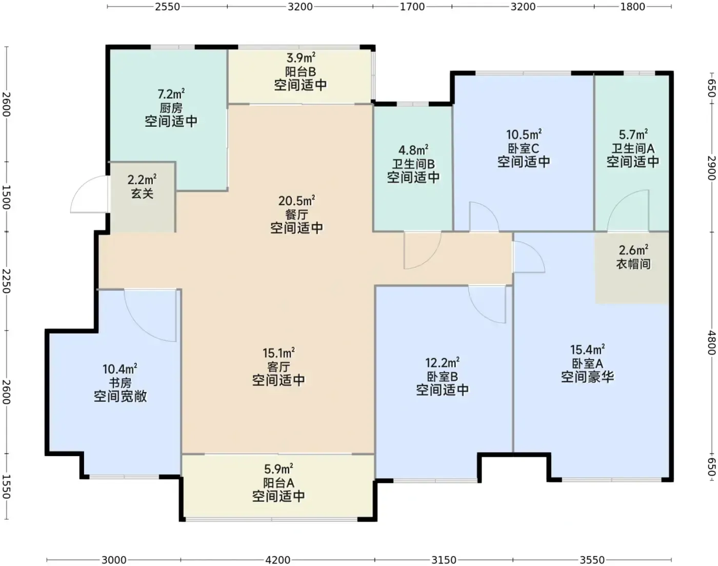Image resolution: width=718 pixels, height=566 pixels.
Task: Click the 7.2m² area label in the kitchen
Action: pyautogui.click(x=171, y=94)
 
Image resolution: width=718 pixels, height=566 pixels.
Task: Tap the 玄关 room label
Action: pyautogui.click(x=142, y=193)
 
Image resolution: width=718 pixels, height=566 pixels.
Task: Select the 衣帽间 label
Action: pyautogui.click(x=633, y=264)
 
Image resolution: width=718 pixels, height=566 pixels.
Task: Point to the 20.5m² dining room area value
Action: pyautogui.click(x=296, y=201)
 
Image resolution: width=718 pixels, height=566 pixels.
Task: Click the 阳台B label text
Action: pyautogui.click(x=301, y=71)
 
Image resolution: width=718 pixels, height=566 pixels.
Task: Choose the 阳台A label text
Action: pyautogui.click(x=278, y=483)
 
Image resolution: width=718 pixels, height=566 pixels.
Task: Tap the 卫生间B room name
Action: pyautogui.click(x=413, y=164)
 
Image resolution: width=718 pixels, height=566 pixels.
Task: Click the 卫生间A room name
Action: pyautogui.click(x=633, y=148)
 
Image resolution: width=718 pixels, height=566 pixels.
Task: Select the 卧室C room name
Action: pyautogui.click(x=524, y=148)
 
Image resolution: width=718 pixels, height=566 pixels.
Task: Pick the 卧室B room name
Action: pyautogui.click(x=443, y=377)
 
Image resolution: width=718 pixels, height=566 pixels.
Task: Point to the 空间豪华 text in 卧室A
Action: pyautogui.click(x=588, y=377)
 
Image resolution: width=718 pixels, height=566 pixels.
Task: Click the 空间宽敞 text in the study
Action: pyautogui.click(x=120, y=396)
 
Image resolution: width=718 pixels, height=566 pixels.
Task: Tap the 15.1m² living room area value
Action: pyautogui.click(x=278, y=353)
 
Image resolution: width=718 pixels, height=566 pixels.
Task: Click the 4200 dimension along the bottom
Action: pyautogui.click(x=277, y=560)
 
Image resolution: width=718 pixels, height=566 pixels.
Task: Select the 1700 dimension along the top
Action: pyautogui.click(x=412, y=6)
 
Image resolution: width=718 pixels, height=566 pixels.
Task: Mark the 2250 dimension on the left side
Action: pyautogui.click(x=6, y=281)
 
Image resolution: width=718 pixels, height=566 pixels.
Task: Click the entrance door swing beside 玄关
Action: pyautogui.click(x=89, y=194)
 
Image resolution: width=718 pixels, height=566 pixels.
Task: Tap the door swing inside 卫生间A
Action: pyautogui.click(x=628, y=210)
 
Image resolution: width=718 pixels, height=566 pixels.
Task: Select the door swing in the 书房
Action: pyautogui.click(x=150, y=316)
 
